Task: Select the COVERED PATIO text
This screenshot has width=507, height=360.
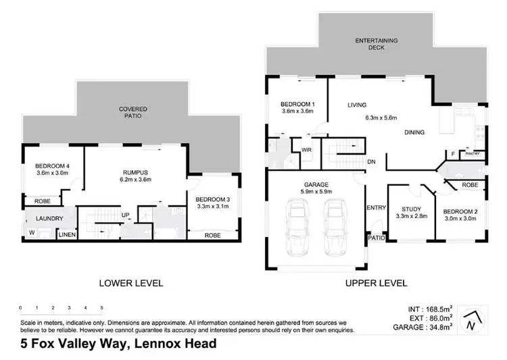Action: [x=133, y=112]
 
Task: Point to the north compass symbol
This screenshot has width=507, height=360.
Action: [x=473, y=320]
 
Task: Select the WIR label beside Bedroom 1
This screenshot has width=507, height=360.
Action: [x=306, y=149]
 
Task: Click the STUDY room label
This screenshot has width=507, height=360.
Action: [x=411, y=209]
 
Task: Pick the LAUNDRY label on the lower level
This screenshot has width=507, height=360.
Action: [x=50, y=218]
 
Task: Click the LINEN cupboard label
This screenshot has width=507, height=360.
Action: [x=66, y=234]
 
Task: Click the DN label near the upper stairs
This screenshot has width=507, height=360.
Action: [x=371, y=161]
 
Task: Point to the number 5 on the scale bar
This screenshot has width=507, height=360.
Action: [x=101, y=307]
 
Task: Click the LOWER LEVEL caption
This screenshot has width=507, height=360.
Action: [x=130, y=283]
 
